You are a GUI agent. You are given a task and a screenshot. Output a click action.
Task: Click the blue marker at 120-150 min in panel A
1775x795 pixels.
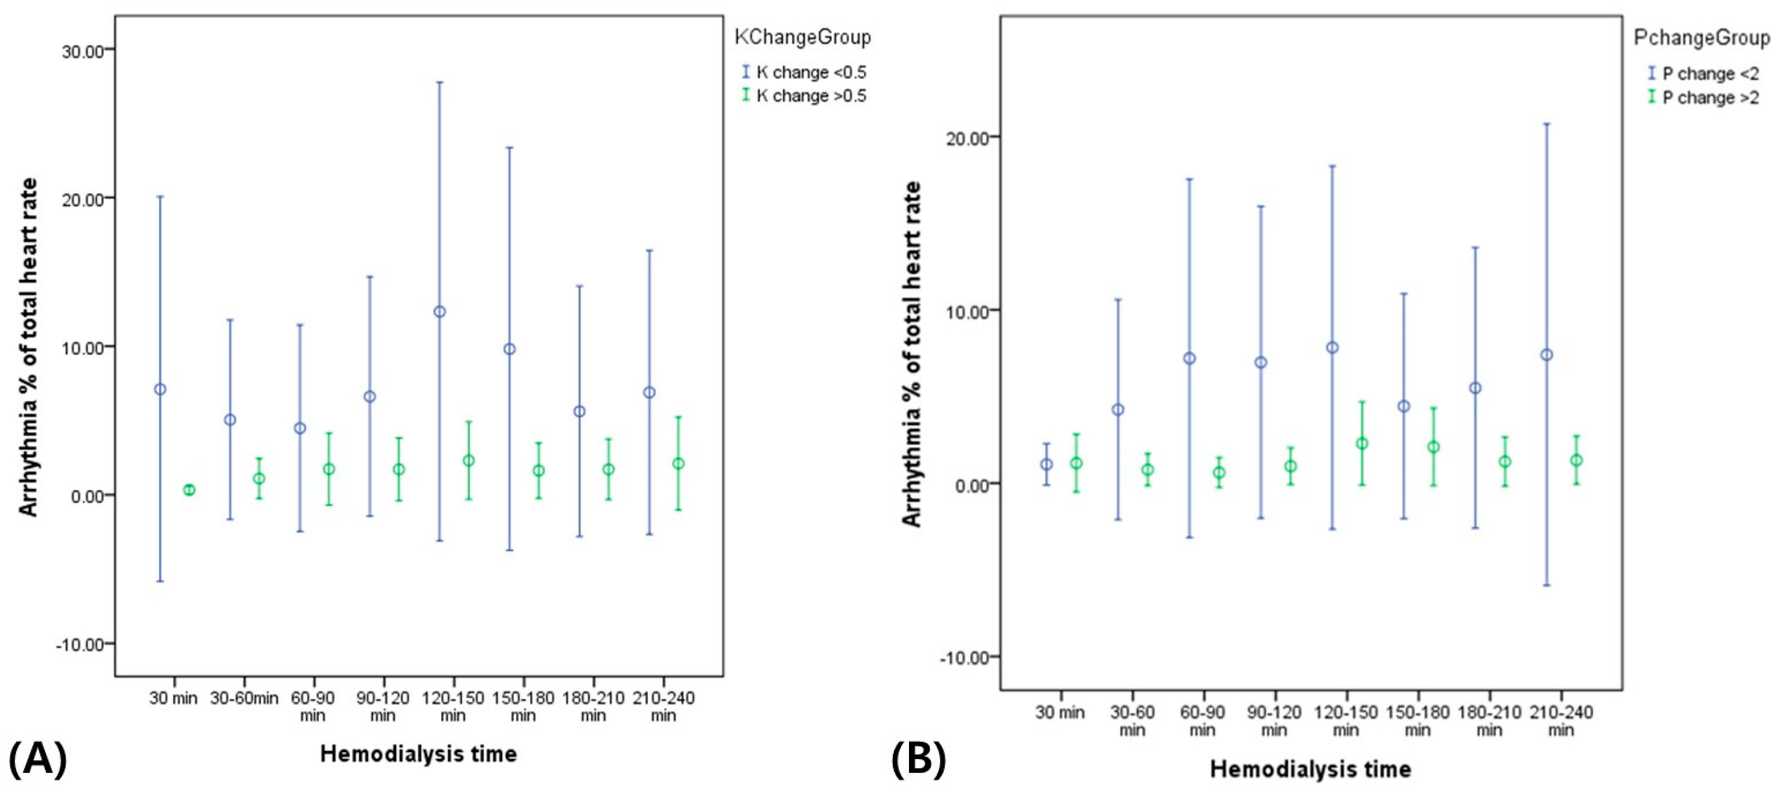(x=439, y=312)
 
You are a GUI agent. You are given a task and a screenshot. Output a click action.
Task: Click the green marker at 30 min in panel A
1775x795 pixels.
(x=189, y=490)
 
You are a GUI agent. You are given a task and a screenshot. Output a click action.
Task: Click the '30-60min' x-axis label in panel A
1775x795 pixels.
(x=244, y=698)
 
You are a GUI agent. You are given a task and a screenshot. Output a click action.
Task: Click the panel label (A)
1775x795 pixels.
(x=37, y=759)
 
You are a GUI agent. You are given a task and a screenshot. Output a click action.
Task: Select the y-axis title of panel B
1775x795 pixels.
(x=911, y=354)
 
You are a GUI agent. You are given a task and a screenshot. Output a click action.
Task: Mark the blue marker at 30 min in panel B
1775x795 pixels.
(x=1046, y=464)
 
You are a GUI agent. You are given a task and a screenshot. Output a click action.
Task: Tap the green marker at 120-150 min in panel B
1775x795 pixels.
(x=1362, y=444)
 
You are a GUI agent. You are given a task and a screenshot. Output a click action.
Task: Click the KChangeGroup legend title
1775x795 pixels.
(x=802, y=37)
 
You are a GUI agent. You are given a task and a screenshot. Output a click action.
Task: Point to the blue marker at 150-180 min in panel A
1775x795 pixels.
(x=509, y=349)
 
